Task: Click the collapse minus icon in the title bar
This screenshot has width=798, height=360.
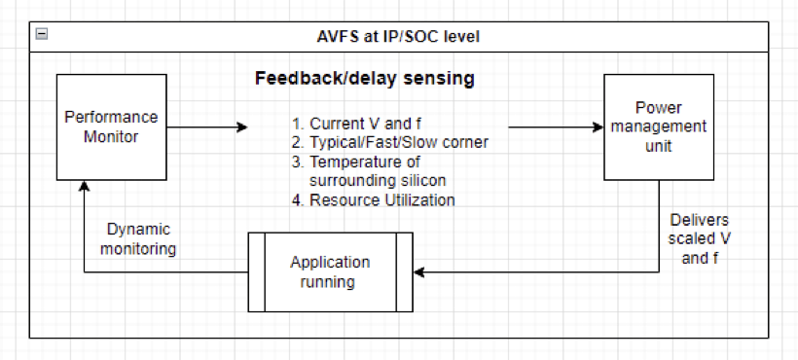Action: coord(42,35)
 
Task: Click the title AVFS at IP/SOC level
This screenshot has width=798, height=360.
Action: coord(398,37)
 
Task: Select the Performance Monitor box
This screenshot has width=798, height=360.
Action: coord(112,127)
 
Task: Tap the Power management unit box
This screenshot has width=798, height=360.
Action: coord(659,127)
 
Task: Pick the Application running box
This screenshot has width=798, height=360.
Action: coord(330,272)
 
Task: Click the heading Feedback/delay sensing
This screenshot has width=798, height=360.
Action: coord(365,79)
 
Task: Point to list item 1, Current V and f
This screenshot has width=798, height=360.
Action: coord(357,124)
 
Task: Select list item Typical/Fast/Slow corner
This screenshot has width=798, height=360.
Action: coord(390,142)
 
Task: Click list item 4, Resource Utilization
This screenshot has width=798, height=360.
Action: coord(374,199)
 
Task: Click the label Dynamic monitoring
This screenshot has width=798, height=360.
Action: coord(138,239)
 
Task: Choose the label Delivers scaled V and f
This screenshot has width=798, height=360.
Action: coord(700,239)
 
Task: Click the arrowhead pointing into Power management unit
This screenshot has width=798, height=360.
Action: coord(598,127)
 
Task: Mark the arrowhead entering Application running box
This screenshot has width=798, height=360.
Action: coord(418,272)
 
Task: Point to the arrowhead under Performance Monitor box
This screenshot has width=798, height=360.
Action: coord(84,186)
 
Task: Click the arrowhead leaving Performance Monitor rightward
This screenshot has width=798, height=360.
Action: coord(242,127)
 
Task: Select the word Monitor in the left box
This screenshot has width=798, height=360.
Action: coord(111,137)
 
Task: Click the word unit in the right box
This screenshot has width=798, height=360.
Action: coord(659,146)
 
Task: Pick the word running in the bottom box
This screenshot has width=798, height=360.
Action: coord(327,281)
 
